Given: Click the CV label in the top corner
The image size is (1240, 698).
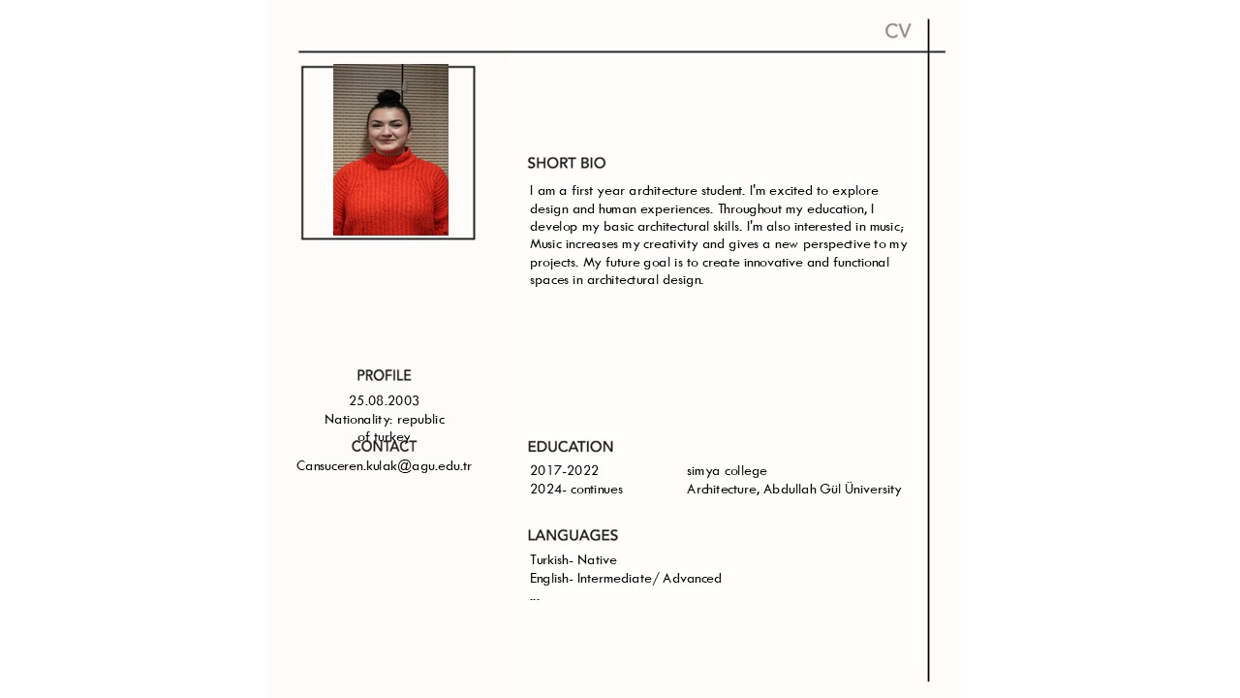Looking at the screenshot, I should [x=897, y=31].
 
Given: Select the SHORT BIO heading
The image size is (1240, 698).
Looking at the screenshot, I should [x=567, y=164].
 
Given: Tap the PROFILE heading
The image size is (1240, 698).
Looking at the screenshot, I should [x=384, y=376].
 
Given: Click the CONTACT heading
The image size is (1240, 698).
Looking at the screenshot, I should [x=384, y=448].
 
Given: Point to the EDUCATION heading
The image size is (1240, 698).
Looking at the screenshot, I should [x=571, y=447].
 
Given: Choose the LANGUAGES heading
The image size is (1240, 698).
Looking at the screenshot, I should [x=573, y=536].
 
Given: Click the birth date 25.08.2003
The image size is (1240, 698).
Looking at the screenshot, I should [x=385, y=401].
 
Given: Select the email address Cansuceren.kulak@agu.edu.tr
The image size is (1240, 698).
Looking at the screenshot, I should [x=384, y=466].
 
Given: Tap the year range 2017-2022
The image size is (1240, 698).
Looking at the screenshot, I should [x=564, y=471].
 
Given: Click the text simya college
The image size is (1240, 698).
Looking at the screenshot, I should [x=727, y=471].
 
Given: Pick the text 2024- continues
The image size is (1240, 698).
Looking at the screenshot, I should [x=576, y=490].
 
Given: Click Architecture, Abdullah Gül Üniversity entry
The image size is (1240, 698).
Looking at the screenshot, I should [x=794, y=490].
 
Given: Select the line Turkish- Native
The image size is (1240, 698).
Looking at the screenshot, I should [x=573, y=560].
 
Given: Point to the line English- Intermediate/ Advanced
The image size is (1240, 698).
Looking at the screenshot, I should [x=626, y=579].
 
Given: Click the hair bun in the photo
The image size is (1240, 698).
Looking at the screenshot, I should [x=389, y=98].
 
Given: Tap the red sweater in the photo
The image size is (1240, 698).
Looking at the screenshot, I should [x=390, y=199].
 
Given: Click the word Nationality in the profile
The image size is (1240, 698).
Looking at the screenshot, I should [x=357, y=420].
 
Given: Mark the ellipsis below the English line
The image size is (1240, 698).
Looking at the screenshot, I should [x=535, y=598].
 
